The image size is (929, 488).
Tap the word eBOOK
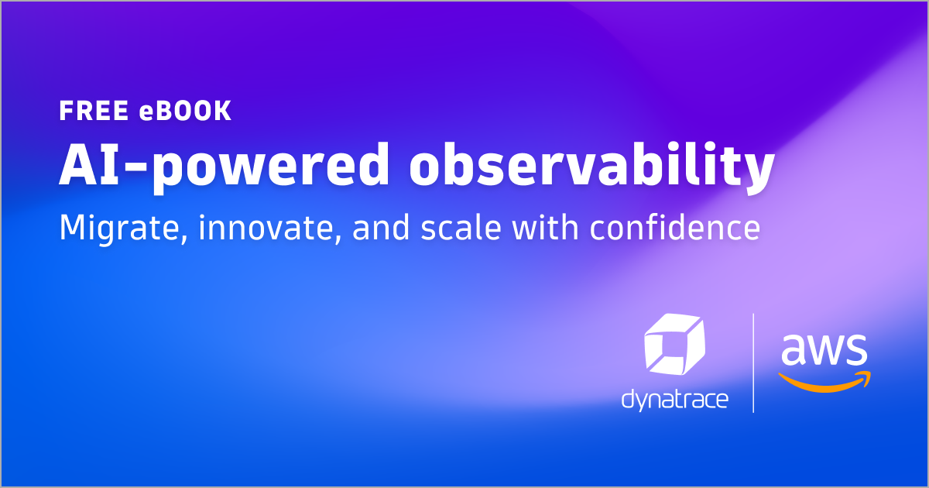(x=186, y=111)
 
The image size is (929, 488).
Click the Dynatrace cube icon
(x=674, y=346)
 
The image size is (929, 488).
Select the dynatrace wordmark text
(x=674, y=400)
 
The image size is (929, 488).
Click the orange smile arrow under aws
(x=824, y=380)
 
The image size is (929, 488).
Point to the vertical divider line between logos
(x=753, y=363)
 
